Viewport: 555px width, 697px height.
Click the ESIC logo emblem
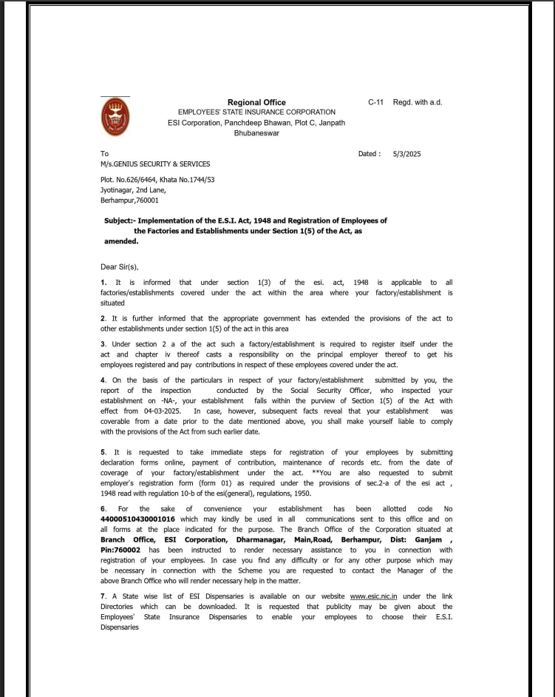click(x=115, y=116)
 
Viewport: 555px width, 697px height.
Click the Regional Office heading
click(x=256, y=102)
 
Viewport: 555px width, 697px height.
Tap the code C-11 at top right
click(x=375, y=102)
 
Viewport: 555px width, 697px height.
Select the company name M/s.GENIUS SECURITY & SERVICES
click(x=155, y=164)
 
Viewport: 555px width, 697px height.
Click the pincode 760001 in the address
click(x=146, y=200)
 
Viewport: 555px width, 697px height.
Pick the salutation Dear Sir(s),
click(x=120, y=266)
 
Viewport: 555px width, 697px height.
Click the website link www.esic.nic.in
click(x=375, y=596)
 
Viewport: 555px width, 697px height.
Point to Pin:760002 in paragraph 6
click(x=123, y=550)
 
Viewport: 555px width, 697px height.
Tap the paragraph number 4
click(x=103, y=380)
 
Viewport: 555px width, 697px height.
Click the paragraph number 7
click(x=103, y=596)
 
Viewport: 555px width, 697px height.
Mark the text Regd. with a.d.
click(x=418, y=102)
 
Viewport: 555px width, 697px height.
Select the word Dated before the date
click(x=369, y=154)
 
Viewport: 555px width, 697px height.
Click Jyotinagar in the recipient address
click(x=117, y=189)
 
